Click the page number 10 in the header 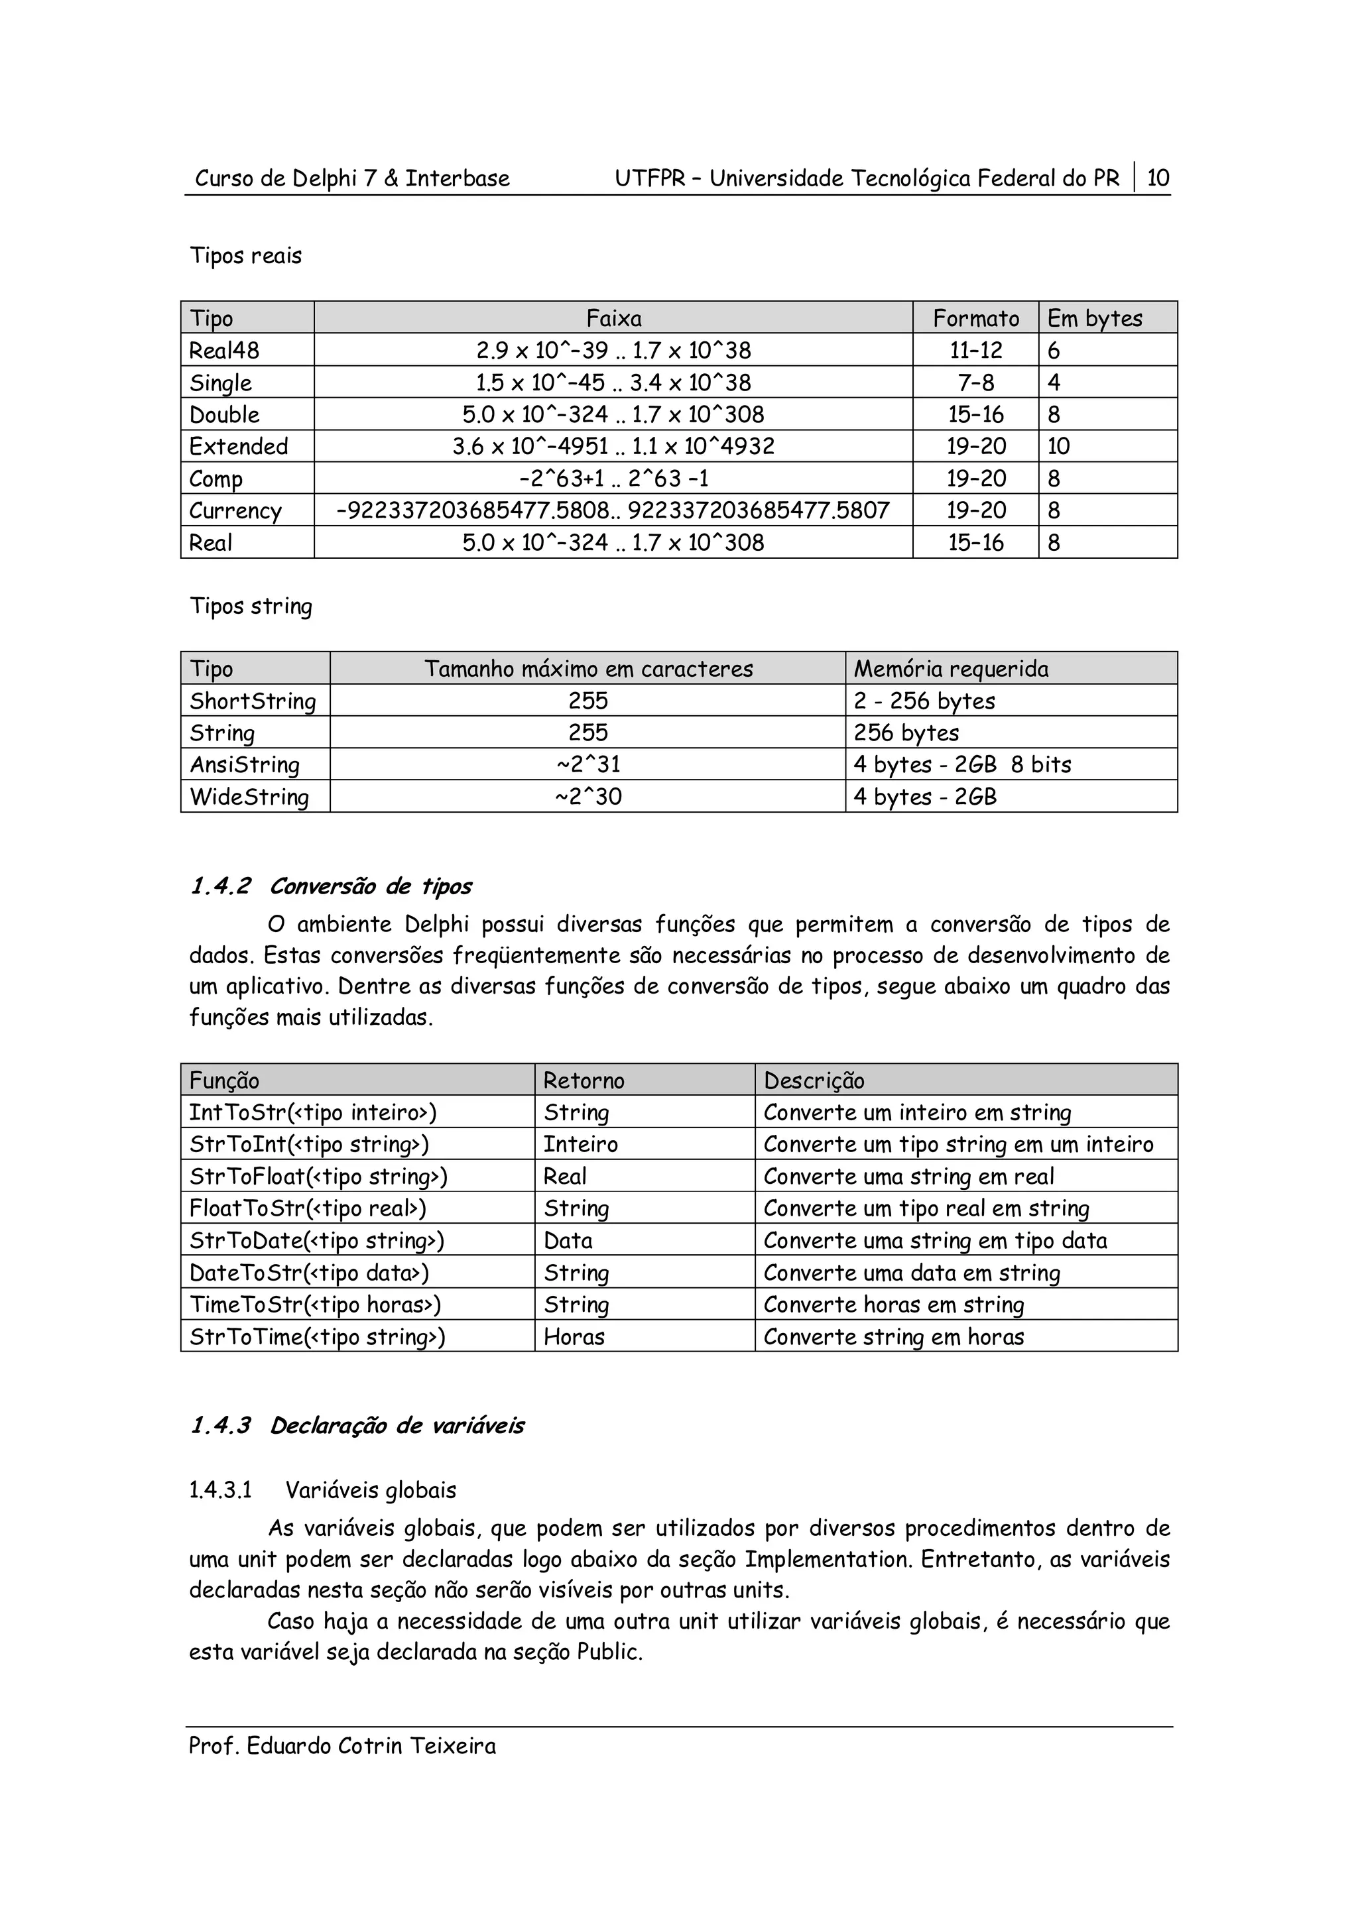click(1158, 178)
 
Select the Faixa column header click(613, 319)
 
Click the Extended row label click(239, 447)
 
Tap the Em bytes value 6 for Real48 click(1054, 351)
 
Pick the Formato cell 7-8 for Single click(975, 383)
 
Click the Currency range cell click(613, 510)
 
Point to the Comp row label click(216, 479)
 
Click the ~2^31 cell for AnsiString click(587, 765)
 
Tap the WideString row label click(249, 797)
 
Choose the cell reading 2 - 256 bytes click(924, 701)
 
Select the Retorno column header click(584, 1081)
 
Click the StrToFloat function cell click(318, 1177)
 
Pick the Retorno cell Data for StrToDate click(568, 1241)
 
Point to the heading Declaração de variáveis click(396, 1426)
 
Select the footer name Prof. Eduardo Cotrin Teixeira click(342, 1746)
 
